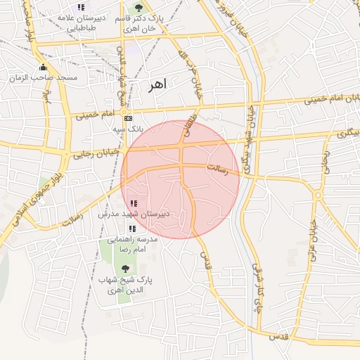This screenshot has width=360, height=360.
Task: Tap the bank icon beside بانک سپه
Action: coord(127,119)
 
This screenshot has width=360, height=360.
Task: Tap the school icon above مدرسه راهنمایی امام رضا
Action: coord(131,229)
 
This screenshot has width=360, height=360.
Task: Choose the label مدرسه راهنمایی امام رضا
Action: coord(134,243)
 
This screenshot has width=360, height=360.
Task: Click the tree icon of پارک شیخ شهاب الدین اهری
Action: coord(125,269)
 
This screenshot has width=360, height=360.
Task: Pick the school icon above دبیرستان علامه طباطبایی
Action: coord(82,7)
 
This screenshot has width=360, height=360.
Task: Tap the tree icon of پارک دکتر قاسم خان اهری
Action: coord(137,6)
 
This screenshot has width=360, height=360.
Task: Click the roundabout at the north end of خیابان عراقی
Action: coord(318,195)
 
